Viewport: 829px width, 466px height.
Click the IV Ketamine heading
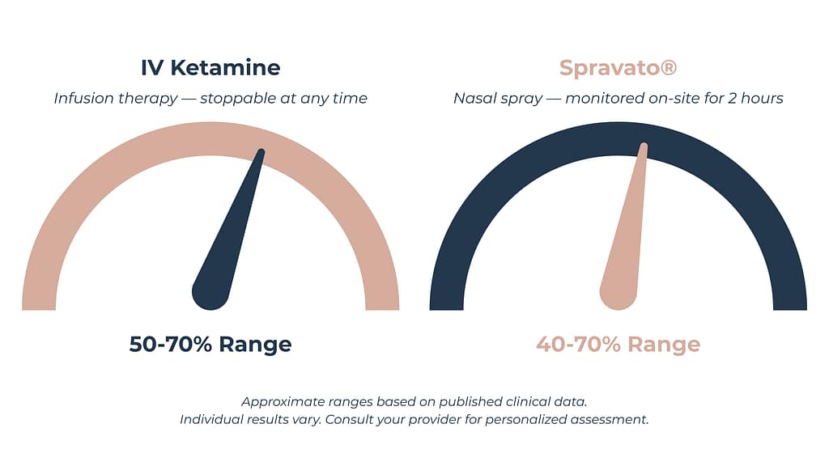[210, 67]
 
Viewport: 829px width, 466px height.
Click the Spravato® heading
[618, 67]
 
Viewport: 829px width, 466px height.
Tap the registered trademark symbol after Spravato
[669, 67]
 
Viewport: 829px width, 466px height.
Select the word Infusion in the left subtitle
[82, 98]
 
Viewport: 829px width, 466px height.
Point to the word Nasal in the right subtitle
[474, 98]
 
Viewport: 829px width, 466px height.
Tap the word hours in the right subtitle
[762, 98]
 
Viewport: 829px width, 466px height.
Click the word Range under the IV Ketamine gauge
[254, 344]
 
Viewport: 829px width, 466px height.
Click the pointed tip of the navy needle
[261, 151]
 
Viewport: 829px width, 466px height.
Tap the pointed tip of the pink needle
[644, 146]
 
